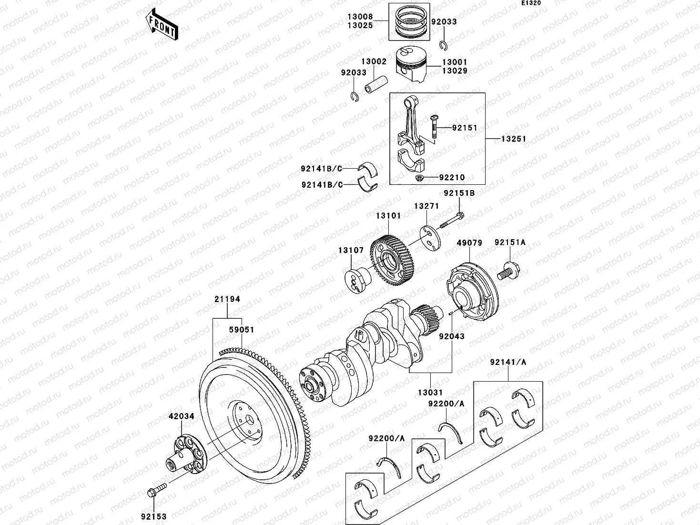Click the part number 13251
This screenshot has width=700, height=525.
click(x=513, y=139)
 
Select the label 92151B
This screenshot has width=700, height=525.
click(x=459, y=193)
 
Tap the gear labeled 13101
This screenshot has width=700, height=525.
click(x=393, y=260)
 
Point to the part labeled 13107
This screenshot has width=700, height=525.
click(x=357, y=281)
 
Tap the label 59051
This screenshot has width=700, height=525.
click(x=241, y=330)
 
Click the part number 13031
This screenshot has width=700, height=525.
click(x=430, y=393)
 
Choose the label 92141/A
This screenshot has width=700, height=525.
click(x=508, y=362)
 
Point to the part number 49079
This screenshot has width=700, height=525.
click(x=469, y=242)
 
